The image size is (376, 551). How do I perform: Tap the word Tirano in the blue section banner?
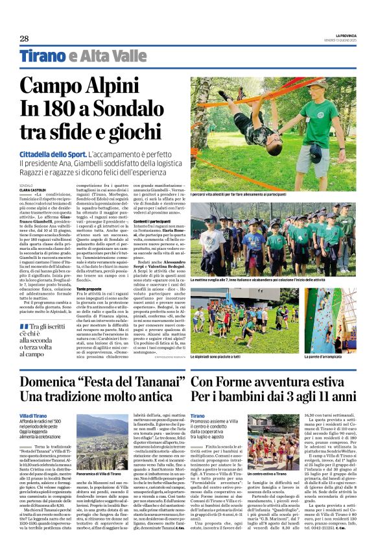43,56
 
